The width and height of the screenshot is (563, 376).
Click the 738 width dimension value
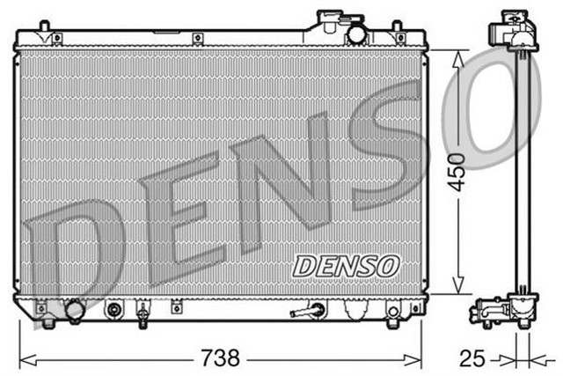(219, 358)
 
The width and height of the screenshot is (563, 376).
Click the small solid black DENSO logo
(347, 264)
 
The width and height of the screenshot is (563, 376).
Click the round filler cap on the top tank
(357, 33)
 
